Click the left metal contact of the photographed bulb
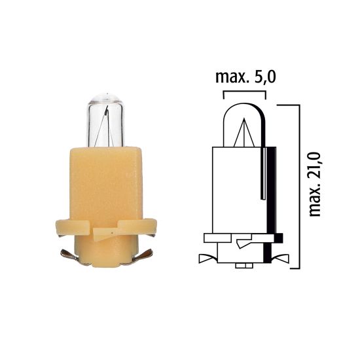(69, 253)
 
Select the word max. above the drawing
(231, 78)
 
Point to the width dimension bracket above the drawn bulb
(244, 94)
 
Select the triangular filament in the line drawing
(243, 134)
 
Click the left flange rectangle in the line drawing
(216, 237)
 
